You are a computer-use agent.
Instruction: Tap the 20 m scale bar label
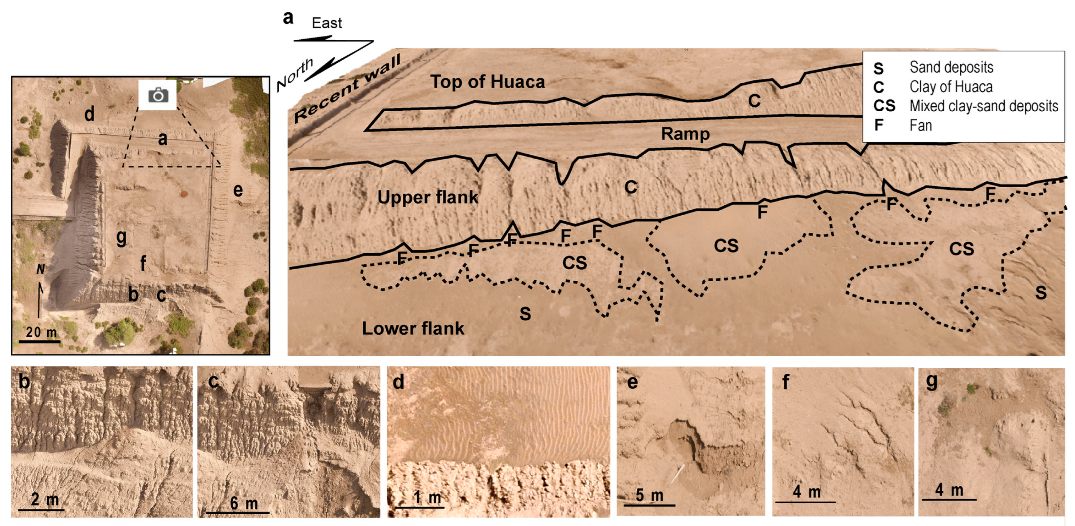tap(41, 332)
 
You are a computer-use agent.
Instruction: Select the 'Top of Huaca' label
tap(487, 82)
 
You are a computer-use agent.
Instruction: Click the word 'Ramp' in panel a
tap(685, 134)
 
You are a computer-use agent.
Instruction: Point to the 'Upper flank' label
tap(427, 197)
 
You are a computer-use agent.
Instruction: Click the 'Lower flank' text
tap(413, 329)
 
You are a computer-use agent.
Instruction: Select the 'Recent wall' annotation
tap(347, 89)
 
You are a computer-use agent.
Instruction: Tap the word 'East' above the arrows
tap(327, 23)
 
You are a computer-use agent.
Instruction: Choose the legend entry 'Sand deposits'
tap(951, 67)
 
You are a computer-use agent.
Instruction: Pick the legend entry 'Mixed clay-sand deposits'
tap(984, 106)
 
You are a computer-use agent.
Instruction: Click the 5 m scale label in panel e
tap(649, 496)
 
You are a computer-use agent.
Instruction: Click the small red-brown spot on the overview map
tap(183, 193)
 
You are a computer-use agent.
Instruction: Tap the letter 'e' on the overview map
tap(238, 190)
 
